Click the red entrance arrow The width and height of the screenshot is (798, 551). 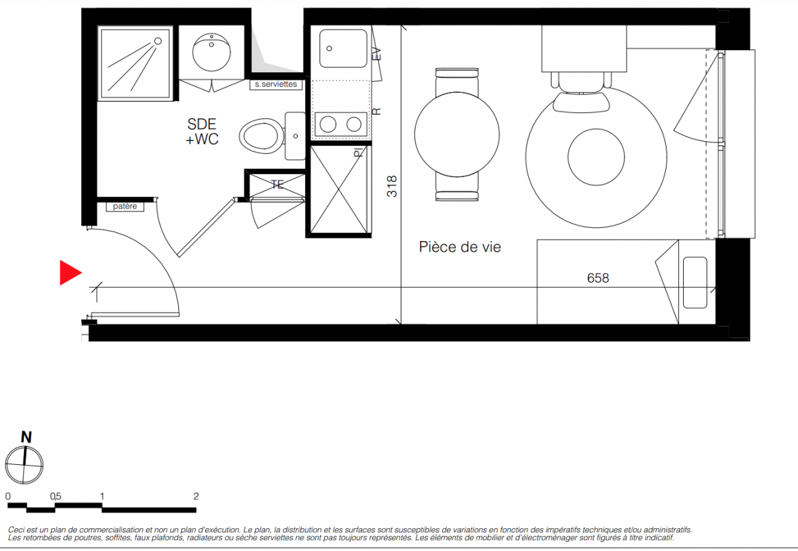pyautogui.click(x=70, y=273)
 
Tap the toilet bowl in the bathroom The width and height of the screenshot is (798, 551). pyautogui.click(x=262, y=136)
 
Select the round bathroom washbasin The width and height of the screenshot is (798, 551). pyautogui.click(x=211, y=52)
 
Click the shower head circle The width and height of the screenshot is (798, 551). pyautogui.click(x=158, y=41)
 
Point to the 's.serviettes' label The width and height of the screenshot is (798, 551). pyautogui.click(x=276, y=85)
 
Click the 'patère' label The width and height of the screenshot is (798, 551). pyautogui.click(x=125, y=206)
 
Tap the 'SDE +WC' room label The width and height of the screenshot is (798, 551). pyautogui.click(x=202, y=132)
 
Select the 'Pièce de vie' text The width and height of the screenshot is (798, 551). pyautogui.click(x=460, y=247)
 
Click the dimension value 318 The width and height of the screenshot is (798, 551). pyautogui.click(x=392, y=187)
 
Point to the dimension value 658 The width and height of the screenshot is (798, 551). pyautogui.click(x=598, y=278)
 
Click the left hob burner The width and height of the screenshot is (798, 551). pyautogui.click(x=328, y=124)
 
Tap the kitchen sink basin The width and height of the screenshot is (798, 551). pyautogui.click(x=343, y=48)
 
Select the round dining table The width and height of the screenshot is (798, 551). pyautogui.click(x=457, y=134)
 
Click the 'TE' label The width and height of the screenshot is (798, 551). pyautogui.click(x=277, y=185)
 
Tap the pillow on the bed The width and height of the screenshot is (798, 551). pyautogui.click(x=695, y=282)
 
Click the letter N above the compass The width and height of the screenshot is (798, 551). pyautogui.click(x=26, y=437)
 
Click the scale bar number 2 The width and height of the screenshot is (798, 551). pyautogui.click(x=196, y=496)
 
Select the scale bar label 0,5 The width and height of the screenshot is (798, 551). pyautogui.click(x=56, y=496)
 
